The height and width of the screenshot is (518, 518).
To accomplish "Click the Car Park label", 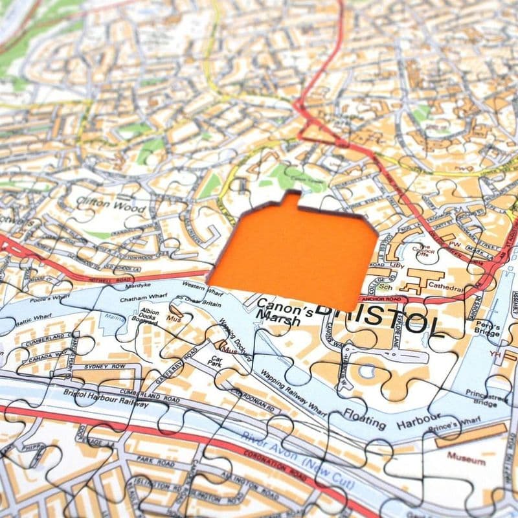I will [216, 360].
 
